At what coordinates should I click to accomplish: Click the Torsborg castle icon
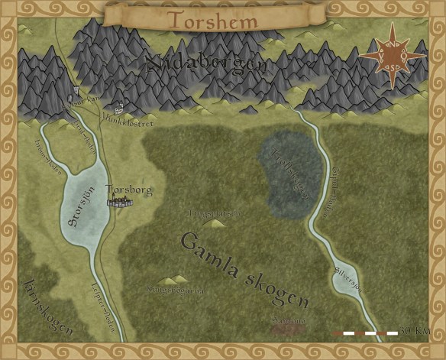tap(121, 202)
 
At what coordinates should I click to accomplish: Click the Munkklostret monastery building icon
tap(118, 109)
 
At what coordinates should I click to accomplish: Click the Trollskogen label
tap(289, 173)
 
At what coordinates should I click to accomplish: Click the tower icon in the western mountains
tap(76, 97)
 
